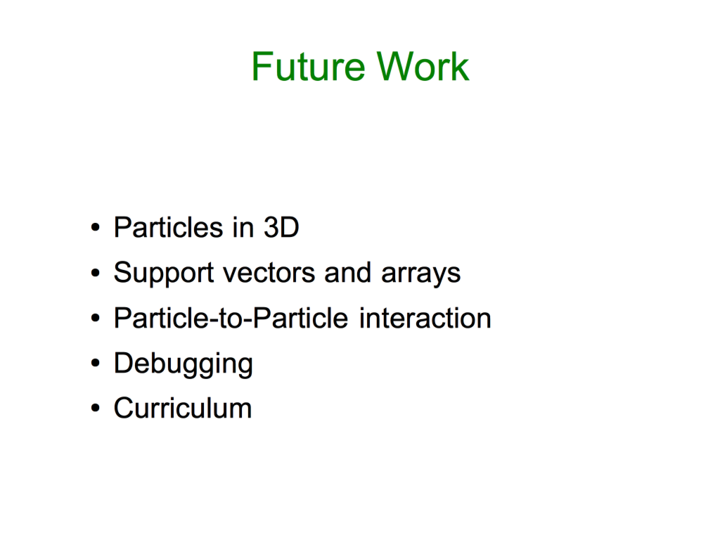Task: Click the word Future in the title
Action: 308,67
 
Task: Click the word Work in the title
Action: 423,67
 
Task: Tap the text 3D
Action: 281,227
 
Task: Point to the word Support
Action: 163,274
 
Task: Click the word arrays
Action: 420,274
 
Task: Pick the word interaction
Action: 425,318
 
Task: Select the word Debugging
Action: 184,364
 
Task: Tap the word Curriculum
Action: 183,408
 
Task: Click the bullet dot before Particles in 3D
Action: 95,227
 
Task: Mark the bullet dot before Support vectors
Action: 95,273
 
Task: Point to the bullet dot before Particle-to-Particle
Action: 95,318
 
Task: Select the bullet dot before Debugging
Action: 95,364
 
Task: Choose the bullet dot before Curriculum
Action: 95,409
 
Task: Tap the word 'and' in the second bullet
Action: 347,272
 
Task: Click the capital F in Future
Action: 262,67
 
